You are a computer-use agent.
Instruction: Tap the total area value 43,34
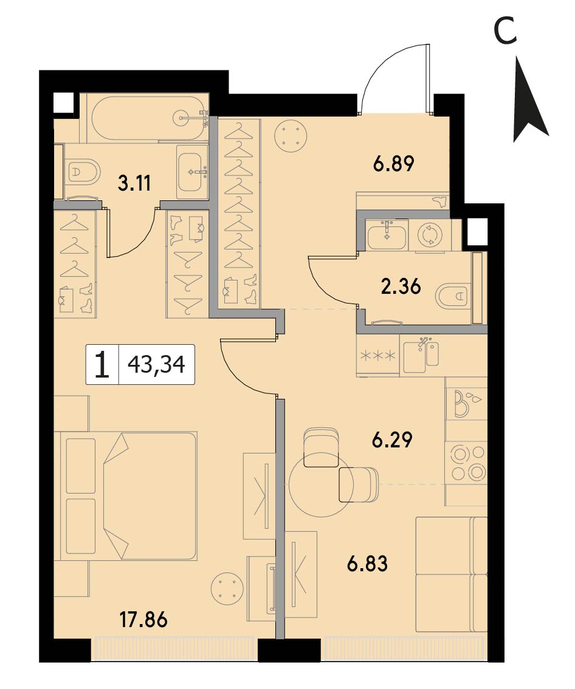(x=156, y=364)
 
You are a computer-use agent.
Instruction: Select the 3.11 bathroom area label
(x=134, y=183)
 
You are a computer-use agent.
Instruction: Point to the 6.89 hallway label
(x=393, y=164)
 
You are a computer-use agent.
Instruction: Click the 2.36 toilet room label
(x=401, y=286)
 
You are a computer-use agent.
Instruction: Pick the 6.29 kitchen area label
(x=392, y=440)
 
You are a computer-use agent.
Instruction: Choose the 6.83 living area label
(x=367, y=564)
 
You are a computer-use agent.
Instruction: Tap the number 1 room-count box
(x=102, y=364)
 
